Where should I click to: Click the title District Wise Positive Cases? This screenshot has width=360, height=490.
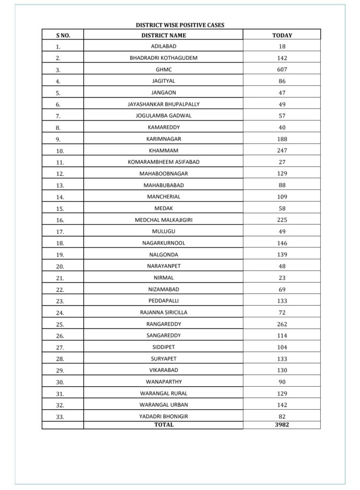point(180,25)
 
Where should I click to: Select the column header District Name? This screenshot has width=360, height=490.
point(164,35)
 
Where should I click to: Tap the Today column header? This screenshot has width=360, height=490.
point(282,35)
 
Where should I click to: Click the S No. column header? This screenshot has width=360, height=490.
point(63,35)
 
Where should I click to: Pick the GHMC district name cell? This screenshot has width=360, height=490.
point(164,70)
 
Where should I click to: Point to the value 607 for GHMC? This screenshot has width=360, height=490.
point(282,70)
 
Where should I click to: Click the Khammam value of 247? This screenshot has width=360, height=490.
point(282,150)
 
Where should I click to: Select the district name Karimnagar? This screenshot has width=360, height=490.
point(164,139)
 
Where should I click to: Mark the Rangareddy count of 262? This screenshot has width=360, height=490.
point(282,324)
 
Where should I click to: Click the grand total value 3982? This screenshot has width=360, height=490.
point(282,424)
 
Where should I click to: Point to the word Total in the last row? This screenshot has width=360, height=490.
point(164,424)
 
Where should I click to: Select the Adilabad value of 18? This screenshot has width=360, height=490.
point(282,46)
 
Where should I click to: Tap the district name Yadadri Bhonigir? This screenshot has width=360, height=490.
point(164,416)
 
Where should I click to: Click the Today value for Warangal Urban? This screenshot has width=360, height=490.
point(282,405)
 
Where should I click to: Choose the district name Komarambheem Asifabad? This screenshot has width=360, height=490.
point(164,162)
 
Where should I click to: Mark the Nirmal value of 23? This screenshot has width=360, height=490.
point(282,278)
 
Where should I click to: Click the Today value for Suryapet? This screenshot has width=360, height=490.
point(282,358)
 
